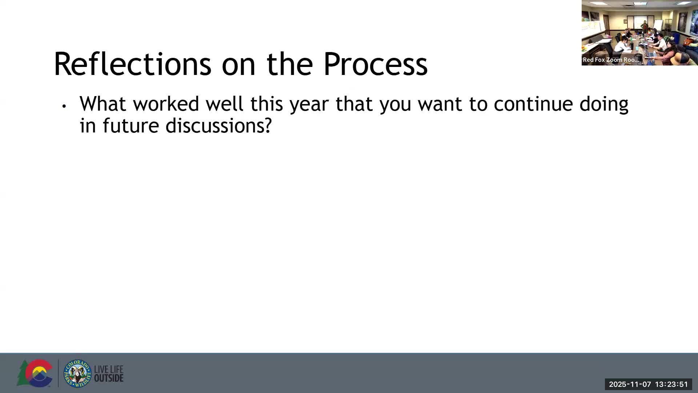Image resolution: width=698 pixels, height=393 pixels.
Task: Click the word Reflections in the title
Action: pos(132,64)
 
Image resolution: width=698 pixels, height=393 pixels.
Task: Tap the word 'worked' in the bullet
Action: pos(166,104)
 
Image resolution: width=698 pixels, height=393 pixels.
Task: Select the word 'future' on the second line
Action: pos(131,126)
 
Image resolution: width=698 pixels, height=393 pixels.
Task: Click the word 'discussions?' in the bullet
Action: pos(219,126)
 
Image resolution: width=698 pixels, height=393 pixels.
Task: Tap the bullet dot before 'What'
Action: pos(64,106)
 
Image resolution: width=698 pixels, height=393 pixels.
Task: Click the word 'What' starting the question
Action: pos(103,104)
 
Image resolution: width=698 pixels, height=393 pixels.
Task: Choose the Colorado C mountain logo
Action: pos(35,373)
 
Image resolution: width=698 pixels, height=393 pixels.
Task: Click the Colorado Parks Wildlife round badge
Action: pos(77,373)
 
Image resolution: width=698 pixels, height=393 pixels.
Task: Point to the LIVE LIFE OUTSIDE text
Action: pos(109,374)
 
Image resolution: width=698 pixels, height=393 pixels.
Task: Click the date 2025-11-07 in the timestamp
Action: pos(630,384)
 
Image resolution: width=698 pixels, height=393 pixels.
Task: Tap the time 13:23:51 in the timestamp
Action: pos(671,384)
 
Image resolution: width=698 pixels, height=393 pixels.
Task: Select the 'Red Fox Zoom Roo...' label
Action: pos(610,60)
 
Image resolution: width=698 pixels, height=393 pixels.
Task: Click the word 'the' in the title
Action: pos(290,64)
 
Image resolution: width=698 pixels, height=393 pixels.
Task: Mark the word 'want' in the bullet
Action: pos(440,104)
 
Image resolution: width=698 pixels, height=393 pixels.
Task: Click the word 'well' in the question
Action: pos(225,104)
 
